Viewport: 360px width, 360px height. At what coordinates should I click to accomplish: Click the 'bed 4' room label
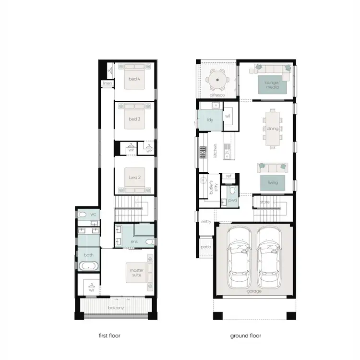(x=134, y=79)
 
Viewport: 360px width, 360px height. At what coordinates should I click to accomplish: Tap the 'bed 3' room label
(x=134, y=119)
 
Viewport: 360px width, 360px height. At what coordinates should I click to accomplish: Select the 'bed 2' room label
(x=134, y=178)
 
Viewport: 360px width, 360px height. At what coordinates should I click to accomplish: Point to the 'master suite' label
(x=137, y=273)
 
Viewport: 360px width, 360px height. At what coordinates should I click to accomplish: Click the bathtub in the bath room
(x=87, y=266)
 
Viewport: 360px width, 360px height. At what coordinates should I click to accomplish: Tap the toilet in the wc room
(x=83, y=215)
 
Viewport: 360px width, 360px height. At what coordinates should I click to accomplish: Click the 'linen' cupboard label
(x=107, y=84)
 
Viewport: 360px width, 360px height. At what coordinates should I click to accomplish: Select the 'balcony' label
(x=116, y=308)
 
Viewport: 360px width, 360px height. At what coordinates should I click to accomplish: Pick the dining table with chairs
(x=273, y=128)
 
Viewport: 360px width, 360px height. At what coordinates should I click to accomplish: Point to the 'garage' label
(x=254, y=291)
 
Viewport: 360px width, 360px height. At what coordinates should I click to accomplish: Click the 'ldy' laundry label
(x=210, y=120)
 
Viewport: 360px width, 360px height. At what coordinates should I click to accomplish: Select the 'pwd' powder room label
(x=232, y=200)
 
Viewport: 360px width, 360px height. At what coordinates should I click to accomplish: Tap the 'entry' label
(x=206, y=222)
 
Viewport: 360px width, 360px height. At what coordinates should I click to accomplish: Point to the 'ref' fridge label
(x=228, y=176)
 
